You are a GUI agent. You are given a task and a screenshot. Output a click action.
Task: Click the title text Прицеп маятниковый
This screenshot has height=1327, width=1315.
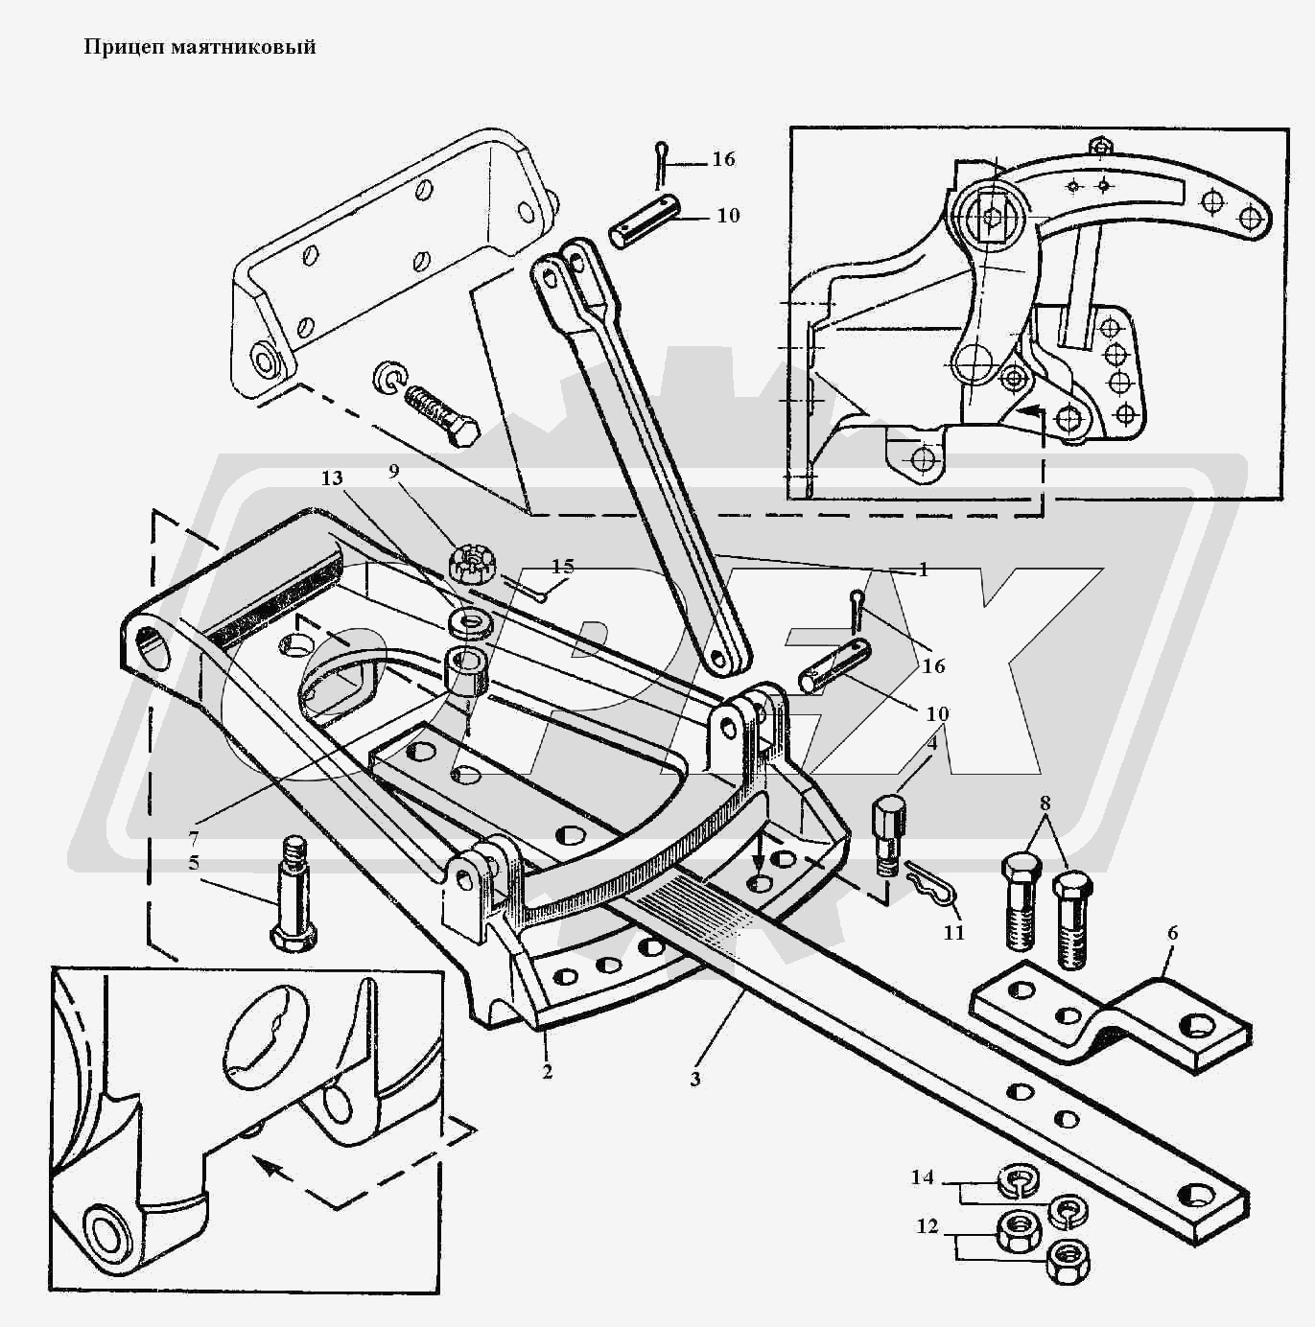pyautogui.click(x=200, y=47)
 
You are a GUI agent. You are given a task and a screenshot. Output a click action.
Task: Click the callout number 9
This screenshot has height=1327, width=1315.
pyautogui.click(x=393, y=471)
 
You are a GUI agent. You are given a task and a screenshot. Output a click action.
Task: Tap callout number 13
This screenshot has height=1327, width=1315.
pyautogui.click(x=332, y=478)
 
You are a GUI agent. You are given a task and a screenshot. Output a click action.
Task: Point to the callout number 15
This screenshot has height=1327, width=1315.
pyautogui.click(x=563, y=567)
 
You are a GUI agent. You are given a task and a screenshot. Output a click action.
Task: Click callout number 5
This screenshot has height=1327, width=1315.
pyautogui.click(x=194, y=862)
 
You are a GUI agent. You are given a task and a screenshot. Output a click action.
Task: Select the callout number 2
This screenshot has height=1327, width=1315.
pyautogui.click(x=547, y=1072)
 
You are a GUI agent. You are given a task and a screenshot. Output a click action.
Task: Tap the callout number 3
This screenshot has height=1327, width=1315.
pyautogui.click(x=695, y=1079)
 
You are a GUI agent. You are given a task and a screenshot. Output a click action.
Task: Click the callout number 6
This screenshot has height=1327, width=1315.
pyautogui.click(x=1172, y=933)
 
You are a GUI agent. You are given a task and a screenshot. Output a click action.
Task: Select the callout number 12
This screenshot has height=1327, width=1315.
pyautogui.click(x=928, y=1226)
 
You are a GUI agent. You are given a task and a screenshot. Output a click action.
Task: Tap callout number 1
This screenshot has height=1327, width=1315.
pyautogui.click(x=923, y=570)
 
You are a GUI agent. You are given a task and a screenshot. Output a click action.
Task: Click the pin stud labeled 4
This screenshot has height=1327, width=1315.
pyautogui.click(x=887, y=829)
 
